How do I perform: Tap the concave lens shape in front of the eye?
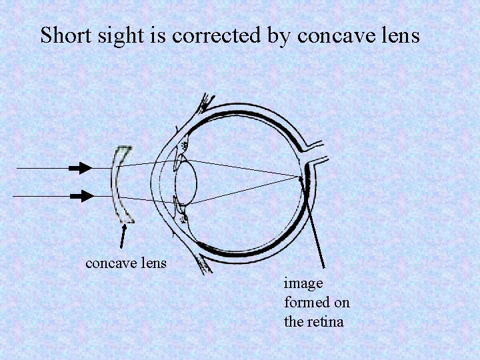(x=121, y=183)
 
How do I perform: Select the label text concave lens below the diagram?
(x=126, y=263)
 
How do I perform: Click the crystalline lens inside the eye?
(x=187, y=183)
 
